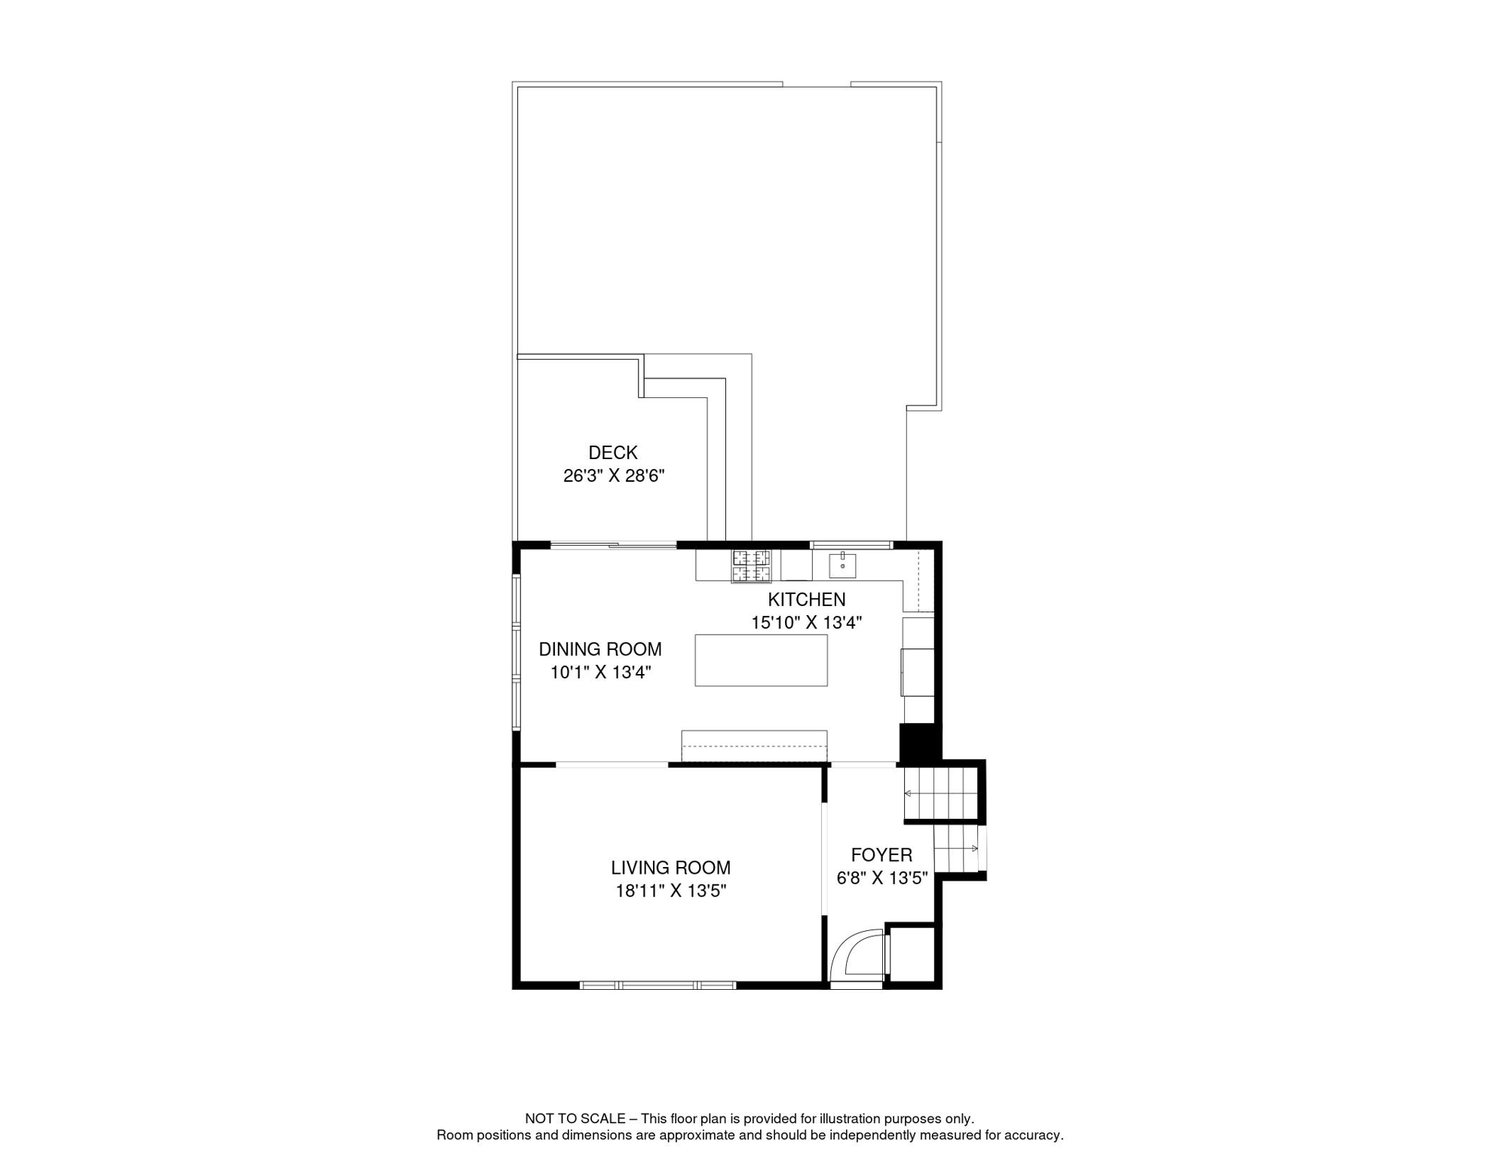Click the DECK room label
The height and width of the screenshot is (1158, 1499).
tap(612, 452)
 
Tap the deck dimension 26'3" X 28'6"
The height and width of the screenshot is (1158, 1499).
tap(613, 476)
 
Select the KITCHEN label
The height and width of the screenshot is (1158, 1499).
tap(806, 599)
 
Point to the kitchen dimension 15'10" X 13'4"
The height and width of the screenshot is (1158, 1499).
tap(806, 623)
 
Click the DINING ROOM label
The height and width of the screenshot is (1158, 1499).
tap(599, 649)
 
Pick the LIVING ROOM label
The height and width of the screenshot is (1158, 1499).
tap(670, 868)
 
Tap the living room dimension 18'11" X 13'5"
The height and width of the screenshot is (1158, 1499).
tap(670, 891)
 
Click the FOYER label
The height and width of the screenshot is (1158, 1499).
tap(881, 855)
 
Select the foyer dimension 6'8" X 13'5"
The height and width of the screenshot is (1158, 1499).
tap(881, 878)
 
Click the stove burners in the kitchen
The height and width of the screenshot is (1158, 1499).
tap(751, 566)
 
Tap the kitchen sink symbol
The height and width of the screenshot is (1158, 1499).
tap(842, 565)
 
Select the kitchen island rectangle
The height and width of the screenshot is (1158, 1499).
tap(761, 660)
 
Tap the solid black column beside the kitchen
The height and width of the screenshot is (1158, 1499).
tap(919, 743)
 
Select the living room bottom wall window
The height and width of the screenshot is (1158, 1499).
tap(658, 985)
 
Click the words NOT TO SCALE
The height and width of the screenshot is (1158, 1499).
tap(575, 1119)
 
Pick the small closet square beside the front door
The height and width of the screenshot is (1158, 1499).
tap(912, 954)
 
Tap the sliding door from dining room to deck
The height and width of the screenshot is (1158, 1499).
tap(613, 545)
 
